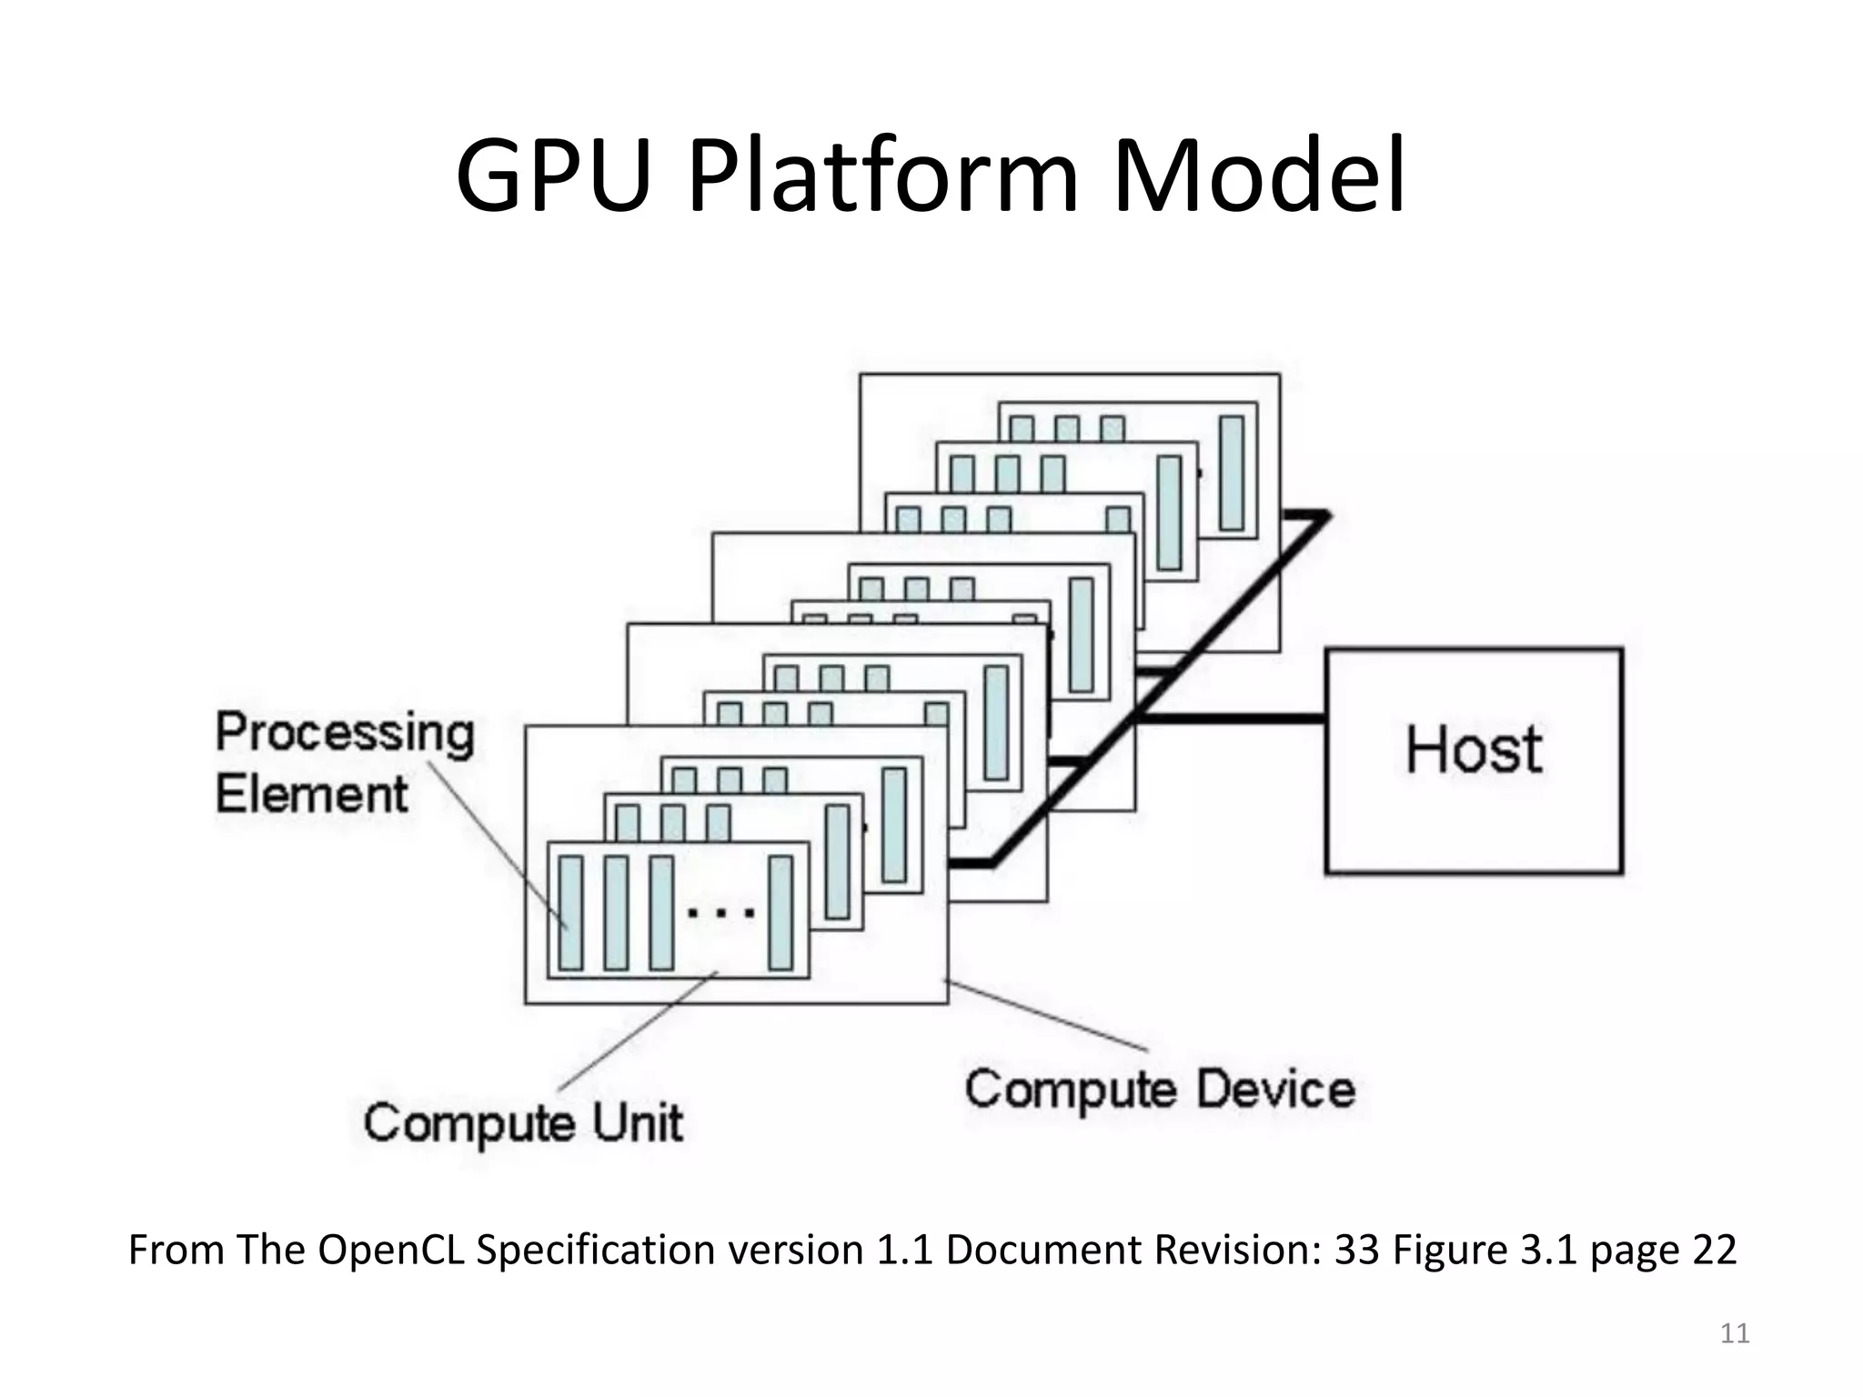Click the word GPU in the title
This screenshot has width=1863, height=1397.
(554, 175)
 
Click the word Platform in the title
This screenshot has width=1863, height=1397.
(882, 175)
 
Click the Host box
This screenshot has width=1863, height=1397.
(1474, 760)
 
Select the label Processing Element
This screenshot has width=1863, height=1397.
(344, 762)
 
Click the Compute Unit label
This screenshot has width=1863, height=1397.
(523, 1121)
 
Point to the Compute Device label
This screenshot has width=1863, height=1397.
(1160, 1089)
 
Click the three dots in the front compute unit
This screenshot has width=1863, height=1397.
(720, 912)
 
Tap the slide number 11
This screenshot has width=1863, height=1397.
(1735, 1333)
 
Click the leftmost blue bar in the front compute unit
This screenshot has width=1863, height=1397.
(570, 912)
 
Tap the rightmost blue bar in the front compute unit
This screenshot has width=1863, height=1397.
(780, 912)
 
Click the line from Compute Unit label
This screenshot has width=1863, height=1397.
(637, 1032)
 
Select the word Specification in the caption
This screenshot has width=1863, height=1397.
(596, 1250)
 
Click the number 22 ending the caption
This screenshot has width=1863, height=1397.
(1714, 1250)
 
